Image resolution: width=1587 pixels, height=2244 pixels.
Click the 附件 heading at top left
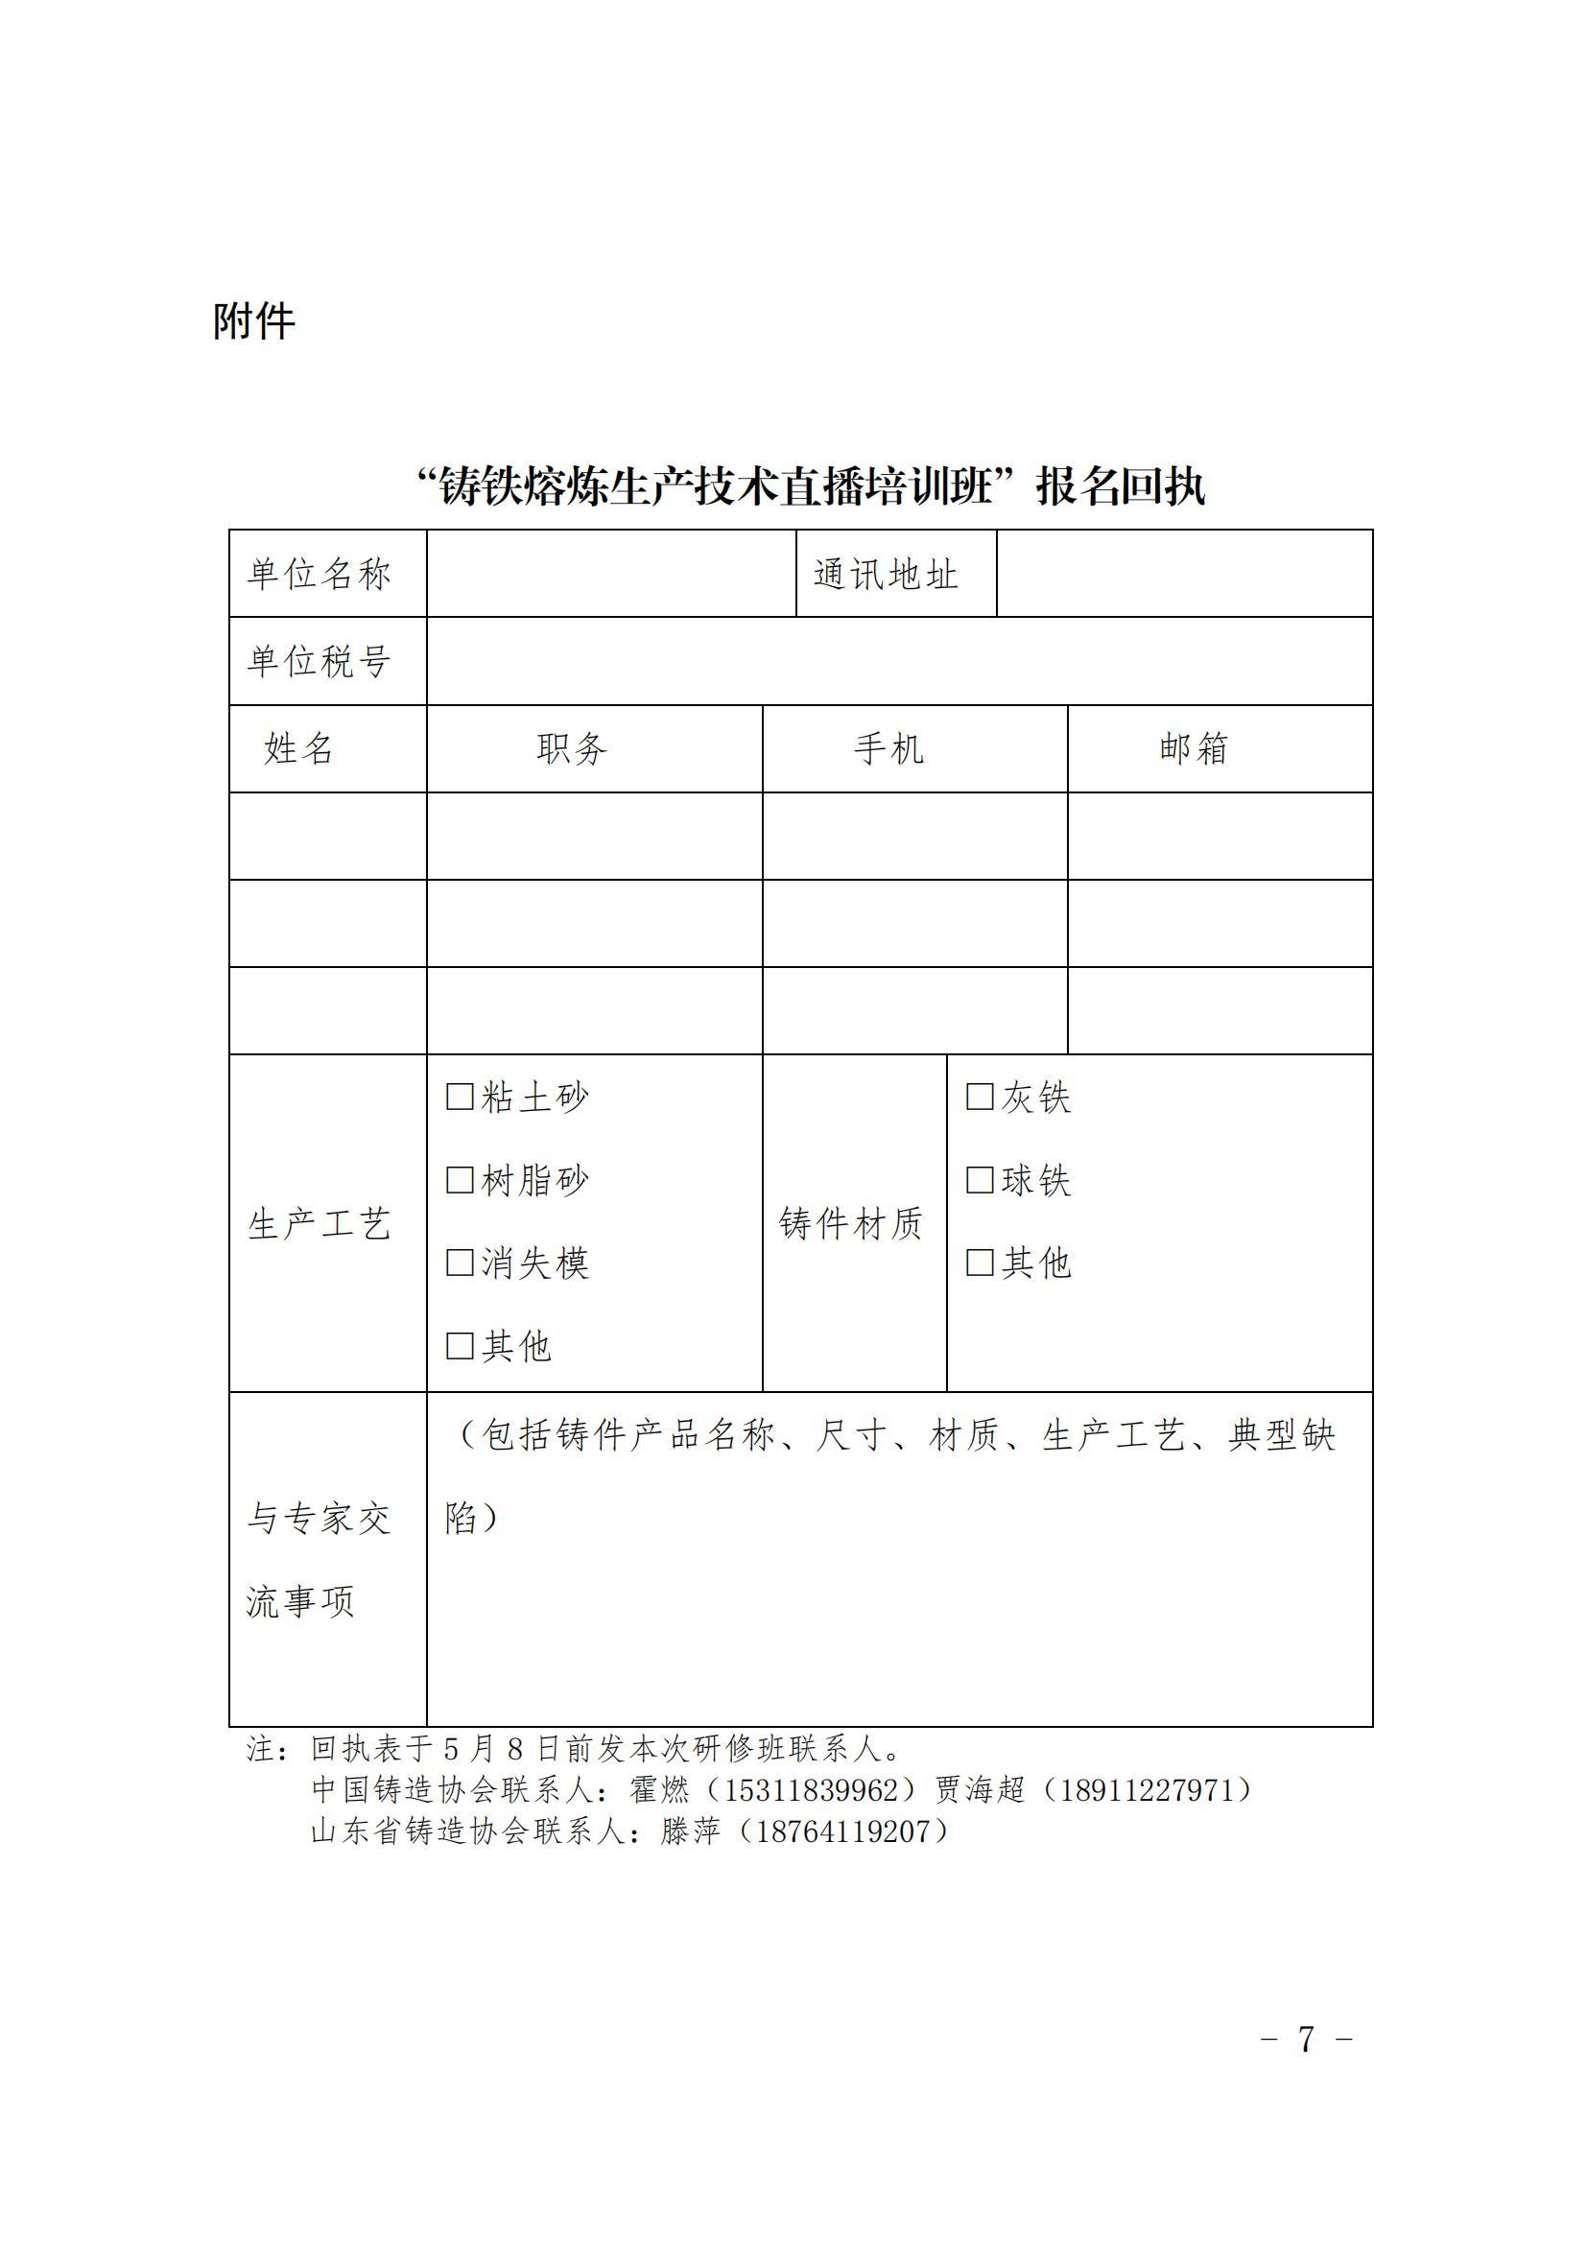pyautogui.click(x=254, y=321)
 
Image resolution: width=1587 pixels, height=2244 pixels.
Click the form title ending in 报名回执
pyautogui.click(x=810, y=486)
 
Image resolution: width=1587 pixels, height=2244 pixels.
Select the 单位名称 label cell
pyautogui.click(x=319, y=575)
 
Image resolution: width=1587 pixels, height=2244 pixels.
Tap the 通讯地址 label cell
pyautogui.click(x=886, y=575)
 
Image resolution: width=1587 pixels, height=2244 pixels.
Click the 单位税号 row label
pyautogui.click(x=319, y=662)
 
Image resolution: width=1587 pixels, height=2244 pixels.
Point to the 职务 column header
pyautogui.click(x=572, y=749)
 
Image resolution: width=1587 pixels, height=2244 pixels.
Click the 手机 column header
pyautogui.click(x=888, y=749)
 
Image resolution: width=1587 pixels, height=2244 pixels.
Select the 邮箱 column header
pyautogui.click(x=1194, y=748)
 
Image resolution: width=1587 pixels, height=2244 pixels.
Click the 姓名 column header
pyautogui.click(x=299, y=749)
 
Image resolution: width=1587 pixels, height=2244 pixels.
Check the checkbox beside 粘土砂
pyautogui.click(x=460, y=1097)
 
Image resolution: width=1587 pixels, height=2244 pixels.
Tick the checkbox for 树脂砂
pyautogui.click(x=460, y=1180)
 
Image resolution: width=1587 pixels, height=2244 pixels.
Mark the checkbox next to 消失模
pyautogui.click(x=460, y=1263)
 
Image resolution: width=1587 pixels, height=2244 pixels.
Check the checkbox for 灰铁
pyautogui.click(x=980, y=1097)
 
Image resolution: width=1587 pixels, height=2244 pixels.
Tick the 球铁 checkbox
pyautogui.click(x=980, y=1180)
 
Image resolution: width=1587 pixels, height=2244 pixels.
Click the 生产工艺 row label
pyautogui.click(x=319, y=1223)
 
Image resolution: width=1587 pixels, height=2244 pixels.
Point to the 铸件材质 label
pyautogui.click(x=851, y=1223)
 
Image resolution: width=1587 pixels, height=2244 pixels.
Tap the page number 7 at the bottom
pyautogui.click(x=1306, y=2040)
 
